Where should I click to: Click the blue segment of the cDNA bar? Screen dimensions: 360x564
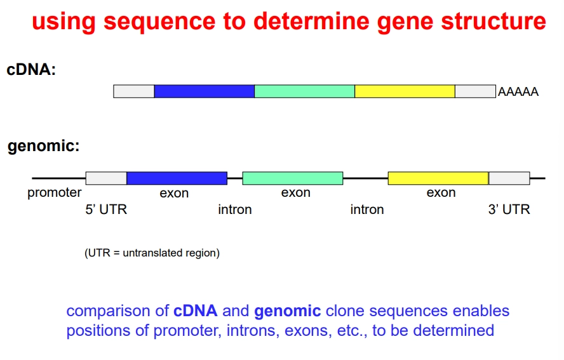204,91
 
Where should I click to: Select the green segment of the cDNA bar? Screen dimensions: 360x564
304,91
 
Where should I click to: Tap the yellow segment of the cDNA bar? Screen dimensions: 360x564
405,91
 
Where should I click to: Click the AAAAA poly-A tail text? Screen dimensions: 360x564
518,92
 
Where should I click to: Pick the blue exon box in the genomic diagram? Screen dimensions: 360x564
177,178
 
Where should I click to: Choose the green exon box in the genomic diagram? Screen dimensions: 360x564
292,178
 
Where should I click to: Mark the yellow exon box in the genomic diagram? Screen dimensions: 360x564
438,178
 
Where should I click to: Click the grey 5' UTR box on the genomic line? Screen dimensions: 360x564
106,178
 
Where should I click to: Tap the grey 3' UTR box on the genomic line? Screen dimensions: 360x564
509,178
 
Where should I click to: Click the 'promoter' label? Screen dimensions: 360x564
55,192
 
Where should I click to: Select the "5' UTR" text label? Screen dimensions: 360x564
106,209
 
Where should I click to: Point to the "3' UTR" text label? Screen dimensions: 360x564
509,209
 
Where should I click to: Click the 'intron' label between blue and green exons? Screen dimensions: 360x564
235,209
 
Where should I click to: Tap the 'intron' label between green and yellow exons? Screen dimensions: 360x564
367,209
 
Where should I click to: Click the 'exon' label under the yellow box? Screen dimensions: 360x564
441,193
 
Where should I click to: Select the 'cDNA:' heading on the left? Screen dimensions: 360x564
31,70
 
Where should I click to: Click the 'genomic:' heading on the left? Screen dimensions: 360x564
44,147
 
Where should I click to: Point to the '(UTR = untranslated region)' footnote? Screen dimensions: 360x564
152,253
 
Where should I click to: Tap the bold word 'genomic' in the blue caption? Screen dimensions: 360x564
288,311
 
